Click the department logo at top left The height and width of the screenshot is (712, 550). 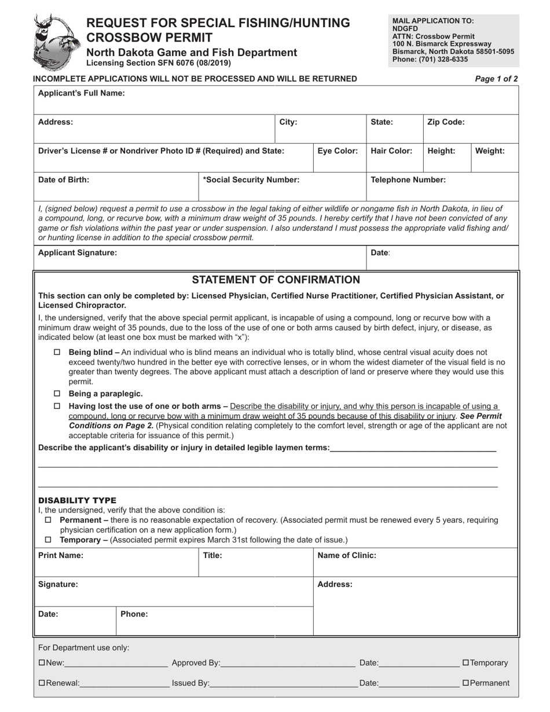tap(56, 41)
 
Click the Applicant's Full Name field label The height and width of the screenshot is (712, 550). tap(81, 93)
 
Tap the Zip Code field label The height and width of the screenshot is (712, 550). tap(446, 122)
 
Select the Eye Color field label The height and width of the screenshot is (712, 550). tap(338, 151)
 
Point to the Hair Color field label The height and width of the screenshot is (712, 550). tap(391, 151)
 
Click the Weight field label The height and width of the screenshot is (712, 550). tap(490, 151)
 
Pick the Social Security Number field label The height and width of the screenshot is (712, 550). tap(251, 179)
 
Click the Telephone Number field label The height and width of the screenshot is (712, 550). tap(408, 179)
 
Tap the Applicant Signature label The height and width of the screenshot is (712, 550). tap(77, 252)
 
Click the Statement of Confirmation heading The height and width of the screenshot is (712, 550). tap(276, 280)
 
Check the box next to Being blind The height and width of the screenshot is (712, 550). tap(57, 352)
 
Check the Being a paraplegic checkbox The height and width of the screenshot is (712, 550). tap(57, 394)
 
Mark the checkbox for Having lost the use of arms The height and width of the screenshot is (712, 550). tap(57, 406)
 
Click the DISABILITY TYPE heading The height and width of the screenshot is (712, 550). tap(77, 500)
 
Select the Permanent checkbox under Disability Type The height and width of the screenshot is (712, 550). tap(48, 520)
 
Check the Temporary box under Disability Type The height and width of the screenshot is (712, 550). tap(48, 540)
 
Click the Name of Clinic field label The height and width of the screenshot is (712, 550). tap(346, 555)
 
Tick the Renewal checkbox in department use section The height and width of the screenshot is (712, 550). tap(41, 683)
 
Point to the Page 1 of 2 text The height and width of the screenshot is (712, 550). tap(496, 79)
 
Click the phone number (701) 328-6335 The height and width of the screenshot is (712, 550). tap(443, 59)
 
